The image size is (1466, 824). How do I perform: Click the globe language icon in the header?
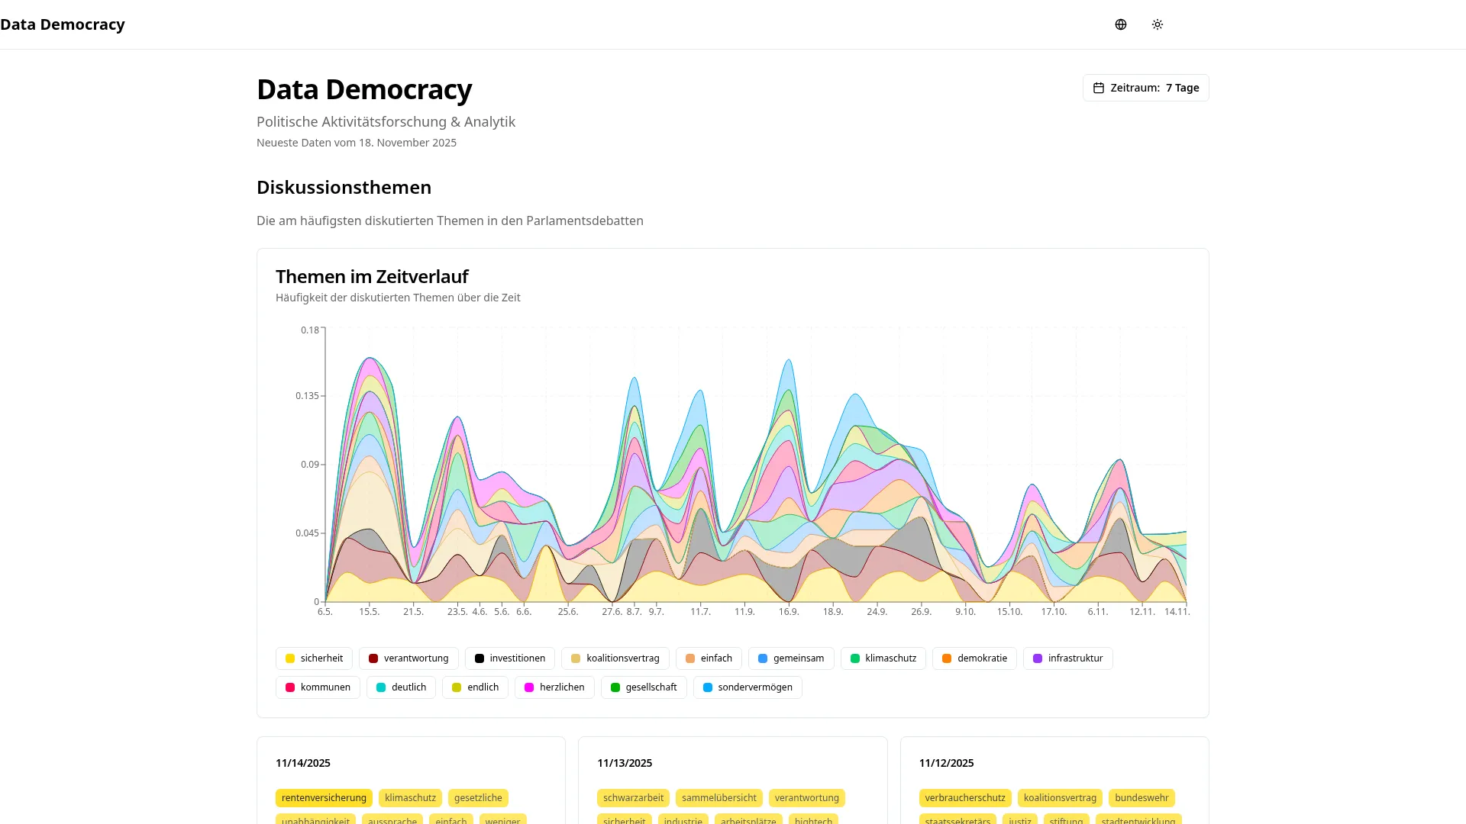tap(1120, 24)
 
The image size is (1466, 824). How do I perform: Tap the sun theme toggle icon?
tap(1158, 24)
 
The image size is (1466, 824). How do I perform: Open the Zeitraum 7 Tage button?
tap(1145, 88)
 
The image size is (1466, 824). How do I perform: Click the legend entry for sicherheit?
tap(314, 658)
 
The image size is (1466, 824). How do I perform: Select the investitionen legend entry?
tap(509, 658)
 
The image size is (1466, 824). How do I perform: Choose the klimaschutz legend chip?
tap(883, 658)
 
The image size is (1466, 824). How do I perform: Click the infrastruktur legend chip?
tap(1067, 658)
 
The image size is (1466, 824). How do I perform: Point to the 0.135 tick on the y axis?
tap(307, 396)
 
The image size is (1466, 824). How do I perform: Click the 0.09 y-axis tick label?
tap(309, 465)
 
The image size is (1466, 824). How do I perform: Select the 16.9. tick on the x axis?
tap(789, 612)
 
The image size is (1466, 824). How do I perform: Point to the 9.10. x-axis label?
tap(965, 612)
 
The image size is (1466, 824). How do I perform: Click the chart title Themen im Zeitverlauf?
tap(372, 276)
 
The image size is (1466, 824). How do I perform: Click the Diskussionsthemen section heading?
tap(344, 188)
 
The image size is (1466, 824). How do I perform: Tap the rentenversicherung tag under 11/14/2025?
tap(324, 798)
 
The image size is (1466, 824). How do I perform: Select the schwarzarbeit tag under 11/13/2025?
tap(633, 798)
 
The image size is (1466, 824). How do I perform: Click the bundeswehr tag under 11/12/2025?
tap(1141, 798)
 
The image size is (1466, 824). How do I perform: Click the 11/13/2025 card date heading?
tap(625, 763)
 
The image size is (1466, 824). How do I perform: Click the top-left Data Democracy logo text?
tap(63, 24)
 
